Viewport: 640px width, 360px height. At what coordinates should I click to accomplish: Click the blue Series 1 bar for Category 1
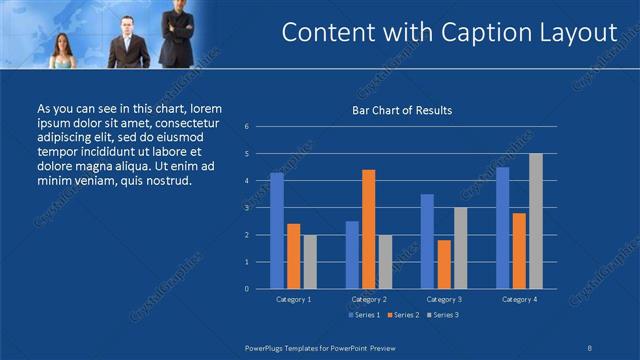(x=277, y=230)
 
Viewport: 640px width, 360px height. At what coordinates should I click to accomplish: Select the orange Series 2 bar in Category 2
(x=369, y=229)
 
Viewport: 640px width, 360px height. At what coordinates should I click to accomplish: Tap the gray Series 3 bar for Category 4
(x=536, y=221)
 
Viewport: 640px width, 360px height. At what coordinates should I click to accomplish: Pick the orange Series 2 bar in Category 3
(x=444, y=264)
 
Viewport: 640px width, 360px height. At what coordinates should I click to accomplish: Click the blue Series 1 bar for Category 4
(x=503, y=227)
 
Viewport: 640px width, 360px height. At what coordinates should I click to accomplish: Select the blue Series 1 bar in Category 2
(x=352, y=254)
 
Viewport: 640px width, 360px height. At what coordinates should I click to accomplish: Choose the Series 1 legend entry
(x=363, y=315)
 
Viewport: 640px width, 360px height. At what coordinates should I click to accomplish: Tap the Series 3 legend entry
(x=442, y=315)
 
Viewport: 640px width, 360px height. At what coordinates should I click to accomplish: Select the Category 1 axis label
(x=293, y=299)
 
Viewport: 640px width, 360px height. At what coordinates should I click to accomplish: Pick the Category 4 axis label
(x=519, y=299)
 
